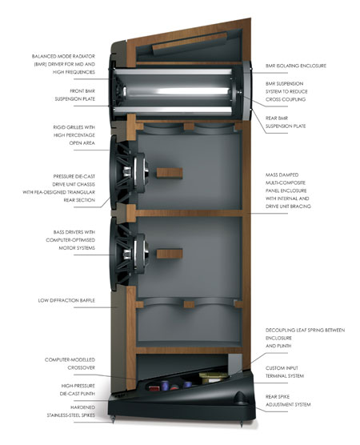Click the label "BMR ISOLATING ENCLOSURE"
point(296,66)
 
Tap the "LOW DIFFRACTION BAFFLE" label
point(66,300)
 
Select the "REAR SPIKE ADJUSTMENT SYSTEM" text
point(288,400)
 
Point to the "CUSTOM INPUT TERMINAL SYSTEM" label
point(285,372)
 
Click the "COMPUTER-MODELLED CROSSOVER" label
point(70,363)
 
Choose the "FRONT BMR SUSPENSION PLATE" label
point(75,94)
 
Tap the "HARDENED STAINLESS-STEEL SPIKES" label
point(71,411)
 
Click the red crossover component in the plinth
point(154,387)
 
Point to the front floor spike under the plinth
point(114,419)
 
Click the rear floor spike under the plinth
point(242,423)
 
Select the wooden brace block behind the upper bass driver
point(170,173)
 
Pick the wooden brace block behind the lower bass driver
point(170,254)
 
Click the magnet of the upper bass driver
point(141,172)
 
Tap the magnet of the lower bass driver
point(141,254)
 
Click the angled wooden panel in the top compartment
point(190,43)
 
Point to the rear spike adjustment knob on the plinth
point(240,397)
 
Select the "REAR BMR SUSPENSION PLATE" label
point(286,122)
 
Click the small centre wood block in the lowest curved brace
point(189,304)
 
